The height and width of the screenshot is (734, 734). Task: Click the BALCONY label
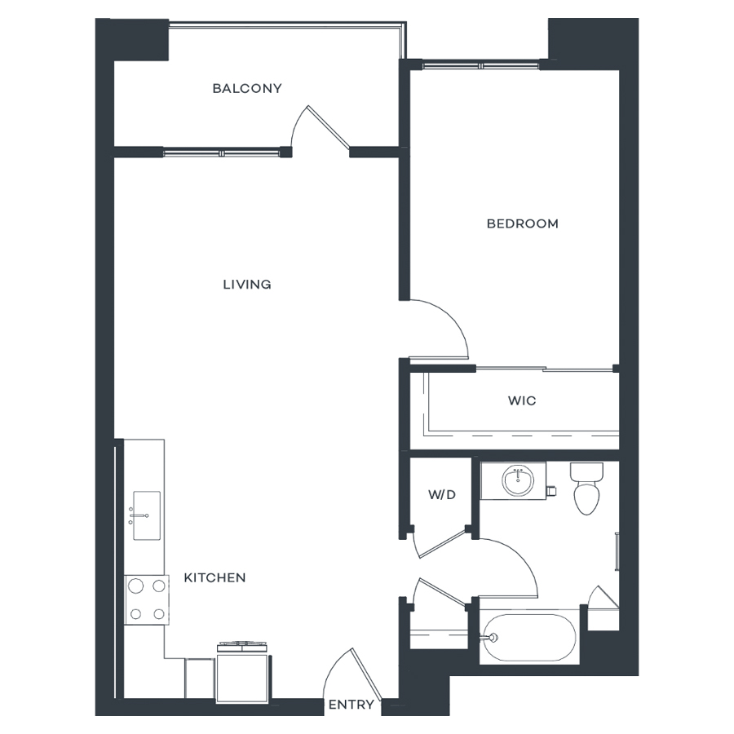pos(247,88)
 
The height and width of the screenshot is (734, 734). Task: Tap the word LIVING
pos(247,285)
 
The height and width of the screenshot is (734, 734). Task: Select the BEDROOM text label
pos(523,223)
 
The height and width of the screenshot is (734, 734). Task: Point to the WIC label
pos(522,400)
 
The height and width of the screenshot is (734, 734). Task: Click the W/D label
pos(442,494)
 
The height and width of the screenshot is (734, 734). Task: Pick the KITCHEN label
pos(214,577)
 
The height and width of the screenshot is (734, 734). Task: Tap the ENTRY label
pos(352,705)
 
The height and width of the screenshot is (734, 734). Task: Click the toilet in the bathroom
pos(586,489)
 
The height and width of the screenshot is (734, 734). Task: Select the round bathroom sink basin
pos(518,480)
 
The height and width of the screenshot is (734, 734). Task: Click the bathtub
pos(529,637)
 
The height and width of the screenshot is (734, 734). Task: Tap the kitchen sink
pos(147,515)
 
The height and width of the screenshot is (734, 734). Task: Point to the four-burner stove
pos(147,599)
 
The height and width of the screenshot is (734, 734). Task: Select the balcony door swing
pos(321,127)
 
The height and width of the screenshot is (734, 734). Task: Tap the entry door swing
pos(352,674)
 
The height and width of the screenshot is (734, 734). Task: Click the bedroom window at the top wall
pos(480,65)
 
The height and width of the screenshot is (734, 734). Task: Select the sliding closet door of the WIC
pos(545,369)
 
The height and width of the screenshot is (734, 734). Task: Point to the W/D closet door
pos(440,543)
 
